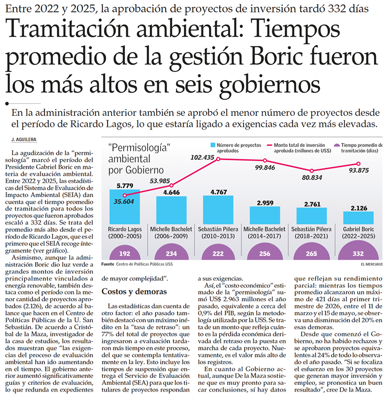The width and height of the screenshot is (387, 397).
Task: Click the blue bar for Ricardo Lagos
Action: pos(124,207)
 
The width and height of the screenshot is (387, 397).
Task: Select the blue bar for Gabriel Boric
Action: pos(358,218)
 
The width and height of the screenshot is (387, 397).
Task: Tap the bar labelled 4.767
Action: pos(218,210)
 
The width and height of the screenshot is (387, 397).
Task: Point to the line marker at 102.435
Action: pos(218,159)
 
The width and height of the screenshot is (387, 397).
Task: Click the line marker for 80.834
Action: pos(312,171)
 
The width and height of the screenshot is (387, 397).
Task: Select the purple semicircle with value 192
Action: pos(124,253)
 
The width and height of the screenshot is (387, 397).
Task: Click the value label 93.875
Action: pos(359,170)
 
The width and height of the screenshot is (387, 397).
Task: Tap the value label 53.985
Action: pos(160,181)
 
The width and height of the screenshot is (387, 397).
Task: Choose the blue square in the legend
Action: pos(213,145)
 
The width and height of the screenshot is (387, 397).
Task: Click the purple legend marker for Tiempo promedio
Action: pos(337,145)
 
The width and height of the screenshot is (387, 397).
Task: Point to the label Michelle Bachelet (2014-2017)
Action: pos(264,233)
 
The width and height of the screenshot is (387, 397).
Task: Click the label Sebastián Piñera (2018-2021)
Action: pos(311,233)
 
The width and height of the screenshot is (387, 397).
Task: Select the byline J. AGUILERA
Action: pos(24,140)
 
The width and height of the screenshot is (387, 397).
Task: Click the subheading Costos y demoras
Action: pos(134,291)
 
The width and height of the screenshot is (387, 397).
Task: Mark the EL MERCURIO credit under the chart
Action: pos(372,264)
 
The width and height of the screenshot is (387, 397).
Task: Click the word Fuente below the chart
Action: pos(108,264)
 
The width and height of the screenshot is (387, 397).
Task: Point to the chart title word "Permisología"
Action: pos(139,148)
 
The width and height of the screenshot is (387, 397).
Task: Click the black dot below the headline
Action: pos(7,103)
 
